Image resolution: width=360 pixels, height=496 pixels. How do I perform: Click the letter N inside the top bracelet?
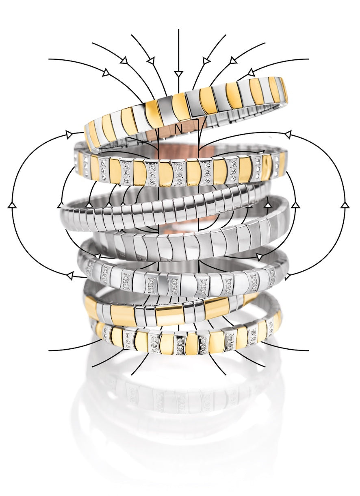tap(178, 129)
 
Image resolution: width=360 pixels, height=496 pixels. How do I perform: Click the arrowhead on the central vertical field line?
tap(178, 74)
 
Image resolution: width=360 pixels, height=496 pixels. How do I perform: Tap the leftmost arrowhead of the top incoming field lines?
tap(106, 73)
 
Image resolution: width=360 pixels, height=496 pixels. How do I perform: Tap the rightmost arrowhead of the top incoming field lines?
tap(251, 72)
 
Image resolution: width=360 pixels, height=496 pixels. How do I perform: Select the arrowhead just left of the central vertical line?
tap(151, 61)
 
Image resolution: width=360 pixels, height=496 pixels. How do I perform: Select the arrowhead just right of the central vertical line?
tap(205, 61)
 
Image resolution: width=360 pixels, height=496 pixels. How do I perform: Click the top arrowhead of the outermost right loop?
tap(288, 135)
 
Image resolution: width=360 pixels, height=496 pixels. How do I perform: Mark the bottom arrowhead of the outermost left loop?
tap(70, 276)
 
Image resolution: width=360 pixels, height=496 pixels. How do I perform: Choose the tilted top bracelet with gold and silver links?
tap(186, 113)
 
